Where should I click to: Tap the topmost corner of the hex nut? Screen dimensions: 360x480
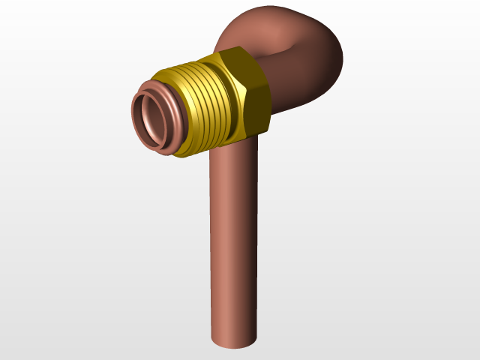coord(234,47)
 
